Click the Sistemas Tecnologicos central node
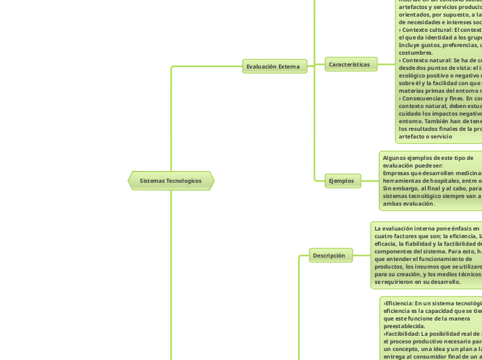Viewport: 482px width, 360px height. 170,181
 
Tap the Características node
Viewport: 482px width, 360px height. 351,64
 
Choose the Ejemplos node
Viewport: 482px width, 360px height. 341,181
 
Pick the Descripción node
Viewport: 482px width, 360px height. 328,255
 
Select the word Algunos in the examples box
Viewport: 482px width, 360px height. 395,158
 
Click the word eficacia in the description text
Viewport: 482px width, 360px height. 385,244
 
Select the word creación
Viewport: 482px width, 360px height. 413,274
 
